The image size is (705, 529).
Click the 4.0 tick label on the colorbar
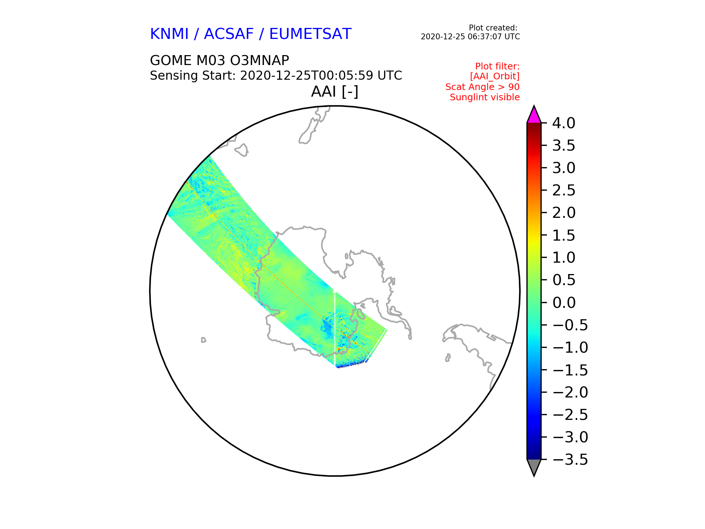564,123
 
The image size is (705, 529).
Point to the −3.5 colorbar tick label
570,460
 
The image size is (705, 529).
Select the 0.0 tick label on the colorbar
564,303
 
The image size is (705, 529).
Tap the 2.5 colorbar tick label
564,190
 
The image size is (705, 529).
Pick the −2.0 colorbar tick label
570,392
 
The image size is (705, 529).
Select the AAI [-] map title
335,91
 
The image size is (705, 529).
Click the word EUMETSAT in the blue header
310,34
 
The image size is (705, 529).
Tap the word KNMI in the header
169,34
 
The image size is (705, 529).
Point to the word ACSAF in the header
229,34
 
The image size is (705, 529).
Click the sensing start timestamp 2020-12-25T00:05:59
307,75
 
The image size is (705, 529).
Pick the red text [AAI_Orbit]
495,76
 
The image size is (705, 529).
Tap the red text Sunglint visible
485,97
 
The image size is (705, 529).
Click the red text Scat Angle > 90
482,87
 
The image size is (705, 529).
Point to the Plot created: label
493,28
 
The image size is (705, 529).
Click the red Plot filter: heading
498,66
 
